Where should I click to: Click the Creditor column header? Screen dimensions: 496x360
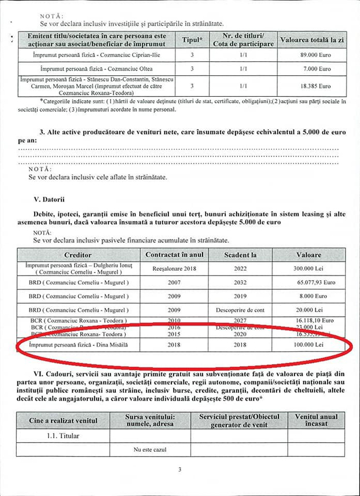click(x=78, y=255)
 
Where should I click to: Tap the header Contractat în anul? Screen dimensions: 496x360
click(x=174, y=255)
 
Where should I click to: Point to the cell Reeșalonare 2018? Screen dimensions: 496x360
click(x=174, y=269)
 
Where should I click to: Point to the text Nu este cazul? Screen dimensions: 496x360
click(x=150, y=449)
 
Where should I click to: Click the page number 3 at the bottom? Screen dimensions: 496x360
click(x=179, y=470)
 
